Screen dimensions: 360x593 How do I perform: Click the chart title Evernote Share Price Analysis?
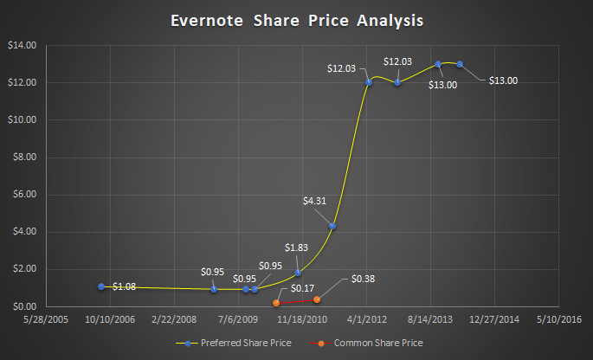pos(296,18)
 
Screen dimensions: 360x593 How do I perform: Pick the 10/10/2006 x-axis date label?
pos(111,319)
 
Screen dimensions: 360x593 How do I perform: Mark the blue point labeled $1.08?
pos(101,286)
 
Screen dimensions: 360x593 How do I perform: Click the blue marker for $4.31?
pos(333,226)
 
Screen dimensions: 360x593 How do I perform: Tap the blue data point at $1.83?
pos(298,273)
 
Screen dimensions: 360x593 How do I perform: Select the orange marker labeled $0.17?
pos(276,303)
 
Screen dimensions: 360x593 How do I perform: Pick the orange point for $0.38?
pos(317,299)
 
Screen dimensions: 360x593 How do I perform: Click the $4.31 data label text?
pos(316,202)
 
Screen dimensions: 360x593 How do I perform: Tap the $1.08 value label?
pos(125,286)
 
